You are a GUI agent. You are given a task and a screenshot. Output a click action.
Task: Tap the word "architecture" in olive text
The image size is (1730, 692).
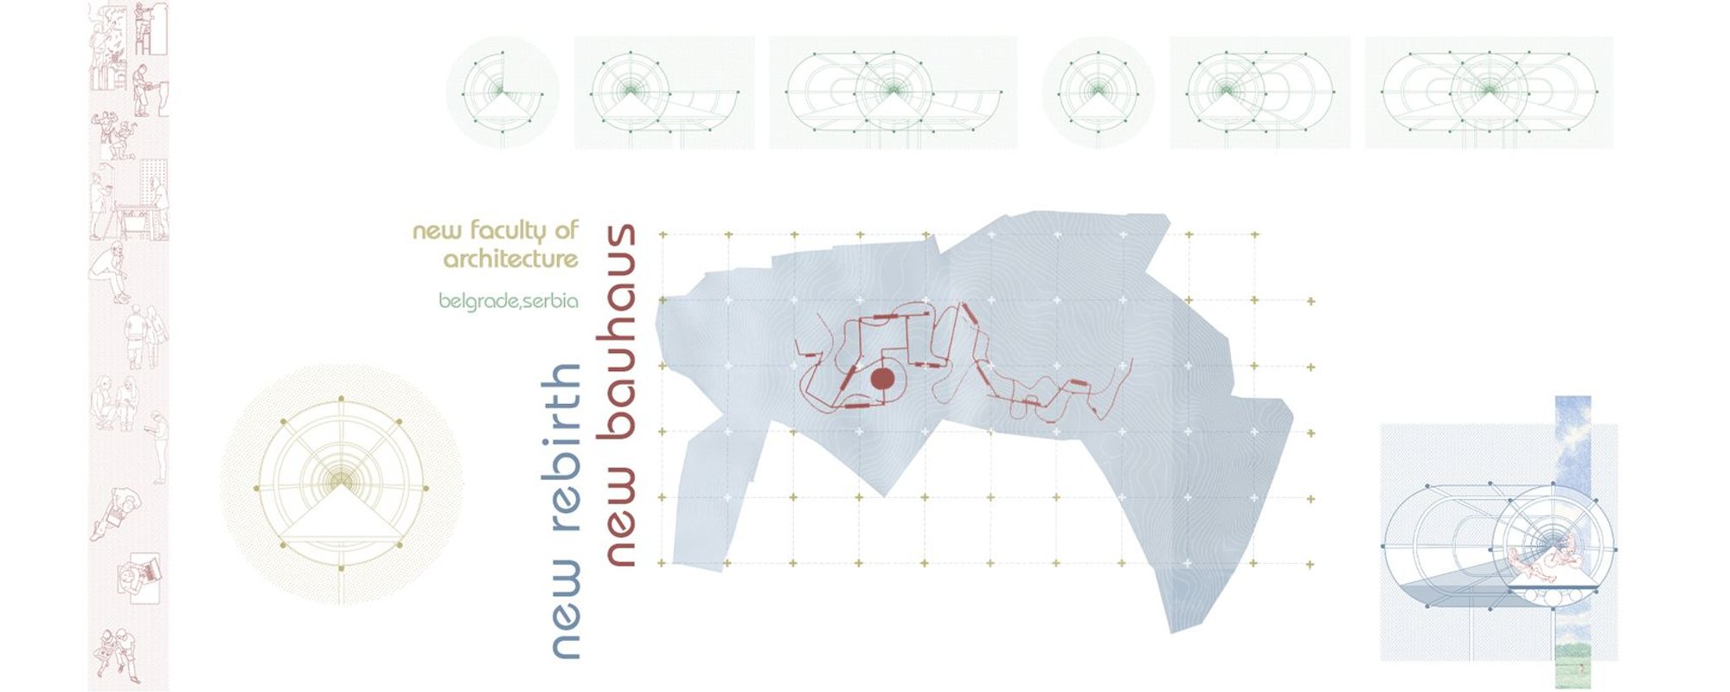click(510, 259)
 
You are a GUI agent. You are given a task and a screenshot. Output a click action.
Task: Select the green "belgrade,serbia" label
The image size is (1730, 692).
click(508, 301)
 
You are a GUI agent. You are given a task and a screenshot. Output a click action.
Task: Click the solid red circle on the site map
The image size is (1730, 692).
click(882, 379)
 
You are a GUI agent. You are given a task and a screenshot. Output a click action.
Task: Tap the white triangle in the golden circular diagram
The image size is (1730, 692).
click(342, 515)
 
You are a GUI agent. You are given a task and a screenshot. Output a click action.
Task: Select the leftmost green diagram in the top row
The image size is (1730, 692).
click(503, 92)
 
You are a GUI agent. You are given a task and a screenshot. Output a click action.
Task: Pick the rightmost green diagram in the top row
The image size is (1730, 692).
click(1489, 92)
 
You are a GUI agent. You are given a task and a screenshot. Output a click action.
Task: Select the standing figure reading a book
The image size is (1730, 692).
click(159, 445)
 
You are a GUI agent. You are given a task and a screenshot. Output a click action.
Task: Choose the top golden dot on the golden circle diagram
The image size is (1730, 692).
click(342, 399)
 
